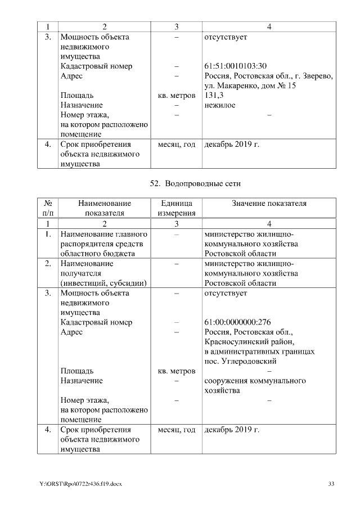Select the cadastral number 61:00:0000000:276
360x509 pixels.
[x=238, y=322]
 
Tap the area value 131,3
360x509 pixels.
[x=215, y=96]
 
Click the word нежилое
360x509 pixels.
[x=220, y=105]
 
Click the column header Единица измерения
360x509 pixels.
[x=177, y=208]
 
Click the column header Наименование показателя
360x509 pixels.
[x=104, y=208]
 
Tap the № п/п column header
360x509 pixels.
[x=48, y=208]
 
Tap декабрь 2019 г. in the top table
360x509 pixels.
[x=232, y=145]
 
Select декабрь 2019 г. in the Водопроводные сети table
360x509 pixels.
[x=232, y=430]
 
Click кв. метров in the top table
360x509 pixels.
[x=177, y=96]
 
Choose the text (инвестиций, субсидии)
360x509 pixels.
[x=103, y=283]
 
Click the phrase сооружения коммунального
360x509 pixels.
[x=255, y=381]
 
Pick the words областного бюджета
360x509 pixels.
[x=97, y=254]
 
